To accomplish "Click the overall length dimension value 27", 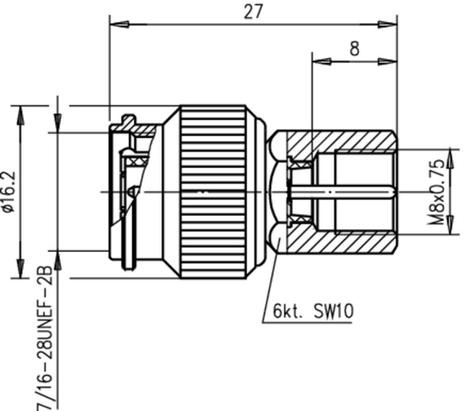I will [253, 12].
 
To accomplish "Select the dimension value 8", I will [354, 49].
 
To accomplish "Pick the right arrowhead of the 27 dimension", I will [388, 24].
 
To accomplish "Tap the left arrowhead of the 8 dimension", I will [322, 61].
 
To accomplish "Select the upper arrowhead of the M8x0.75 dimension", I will [450, 158].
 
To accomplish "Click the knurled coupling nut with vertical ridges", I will [213, 192].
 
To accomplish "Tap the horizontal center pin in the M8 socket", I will [342, 192].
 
